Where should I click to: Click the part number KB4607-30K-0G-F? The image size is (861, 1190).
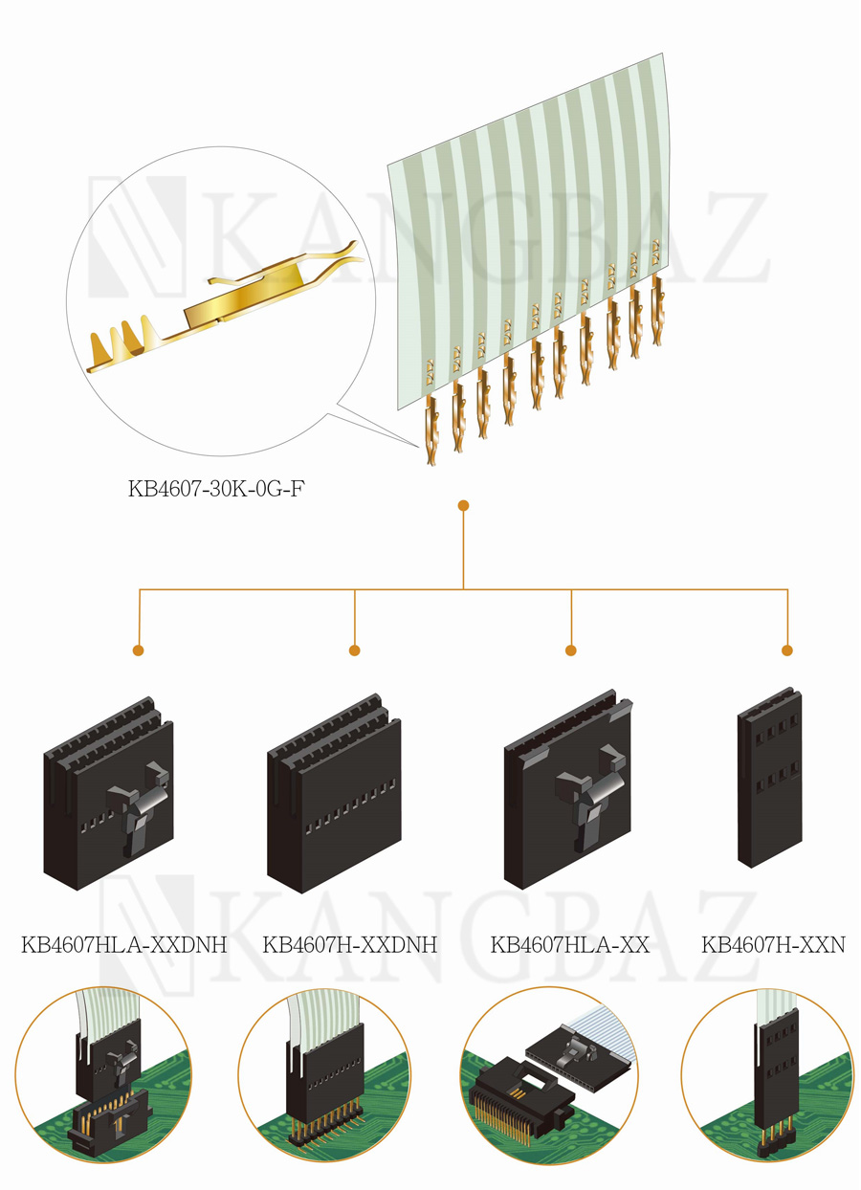tap(217, 489)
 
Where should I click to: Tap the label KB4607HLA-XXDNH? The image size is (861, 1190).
tap(123, 945)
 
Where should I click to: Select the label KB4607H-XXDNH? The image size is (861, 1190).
tap(349, 945)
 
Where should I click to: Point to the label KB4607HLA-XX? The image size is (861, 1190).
tap(569, 945)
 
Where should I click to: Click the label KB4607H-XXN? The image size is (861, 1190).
tap(773, 945)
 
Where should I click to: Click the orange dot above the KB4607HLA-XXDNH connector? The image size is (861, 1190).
tap(139, 650)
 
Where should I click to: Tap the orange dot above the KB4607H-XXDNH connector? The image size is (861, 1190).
tap(355, 650)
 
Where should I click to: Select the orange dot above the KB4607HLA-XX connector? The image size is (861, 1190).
tap(571, 650)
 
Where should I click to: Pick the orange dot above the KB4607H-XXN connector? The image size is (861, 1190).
tap(787, 650)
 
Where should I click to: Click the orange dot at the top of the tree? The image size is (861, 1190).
tap(463, 506)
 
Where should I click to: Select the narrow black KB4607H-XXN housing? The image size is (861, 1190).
tap(770, 777)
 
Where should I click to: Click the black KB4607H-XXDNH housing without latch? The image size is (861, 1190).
tap(334, 793)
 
